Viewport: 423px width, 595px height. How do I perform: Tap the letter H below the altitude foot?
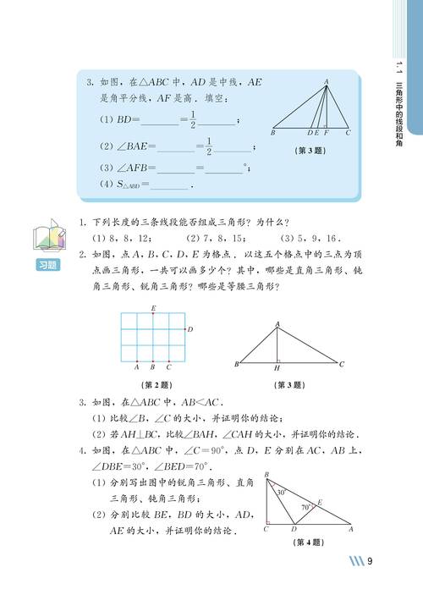[x=277, y=370]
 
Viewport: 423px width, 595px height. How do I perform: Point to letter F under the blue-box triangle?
[x=326, y=134]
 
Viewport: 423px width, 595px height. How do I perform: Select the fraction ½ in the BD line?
[x=192, y=120]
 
